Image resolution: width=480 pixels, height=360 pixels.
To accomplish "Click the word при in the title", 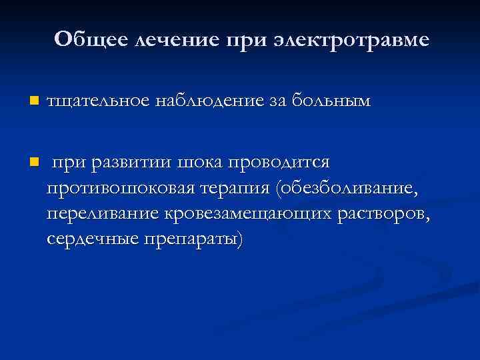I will click(x=247, y=40).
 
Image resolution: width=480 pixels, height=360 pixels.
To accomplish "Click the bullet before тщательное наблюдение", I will click(x=34, y=101).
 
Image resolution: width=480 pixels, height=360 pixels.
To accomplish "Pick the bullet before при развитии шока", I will click(x=34, y=163).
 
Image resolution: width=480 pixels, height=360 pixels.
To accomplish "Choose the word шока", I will click(x=201, y=163).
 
